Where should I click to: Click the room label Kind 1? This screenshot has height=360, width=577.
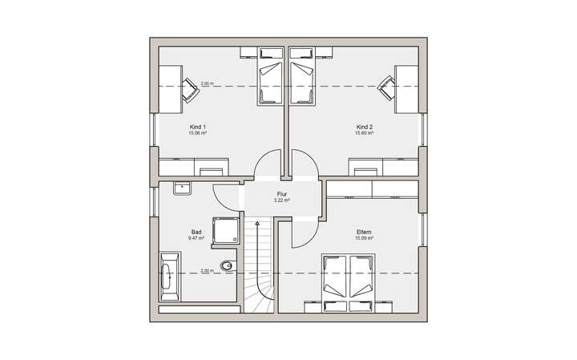(198, 127)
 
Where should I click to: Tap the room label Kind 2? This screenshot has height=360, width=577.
(365, 127)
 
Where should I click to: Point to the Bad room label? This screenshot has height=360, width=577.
(196, 232)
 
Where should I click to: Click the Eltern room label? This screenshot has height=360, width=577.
(365, 232)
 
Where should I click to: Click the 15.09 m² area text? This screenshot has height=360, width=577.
(365, 238)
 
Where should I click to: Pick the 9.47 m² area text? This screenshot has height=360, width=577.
(196, 238)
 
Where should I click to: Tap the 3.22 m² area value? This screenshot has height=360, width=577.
(281, 201)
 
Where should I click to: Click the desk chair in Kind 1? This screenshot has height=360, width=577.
(192, 90)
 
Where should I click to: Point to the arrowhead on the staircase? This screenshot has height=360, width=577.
(257, 225)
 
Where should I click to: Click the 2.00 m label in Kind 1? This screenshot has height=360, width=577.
(208, 83)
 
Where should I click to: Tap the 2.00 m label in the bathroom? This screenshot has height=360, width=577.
(208, 270)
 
